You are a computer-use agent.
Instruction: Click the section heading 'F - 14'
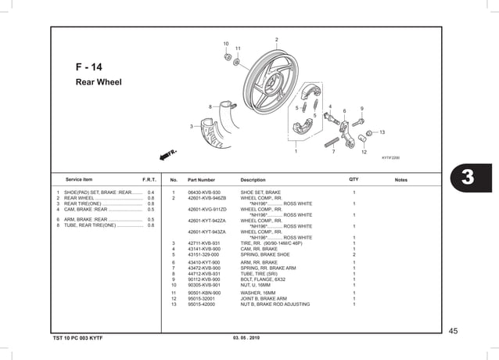pos(88,67)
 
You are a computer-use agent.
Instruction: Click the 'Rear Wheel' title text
pos(99,81)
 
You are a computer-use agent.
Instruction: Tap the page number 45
pos(453,331)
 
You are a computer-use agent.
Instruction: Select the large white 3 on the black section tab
pos(468,177)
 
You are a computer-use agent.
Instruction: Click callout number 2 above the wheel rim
pos(276,40)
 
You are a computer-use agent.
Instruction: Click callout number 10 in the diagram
pos(226,43)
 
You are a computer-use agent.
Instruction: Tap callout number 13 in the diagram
pos(382,132)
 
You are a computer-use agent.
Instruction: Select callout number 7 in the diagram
pos(333,151)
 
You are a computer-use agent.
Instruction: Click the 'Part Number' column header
pos(201,180)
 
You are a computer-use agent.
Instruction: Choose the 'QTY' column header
pos(354,179)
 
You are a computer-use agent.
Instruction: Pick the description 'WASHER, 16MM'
pos(258,293)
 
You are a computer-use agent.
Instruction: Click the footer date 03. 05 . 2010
pos(246,337)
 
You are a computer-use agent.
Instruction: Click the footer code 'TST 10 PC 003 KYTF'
pos(77,337)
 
